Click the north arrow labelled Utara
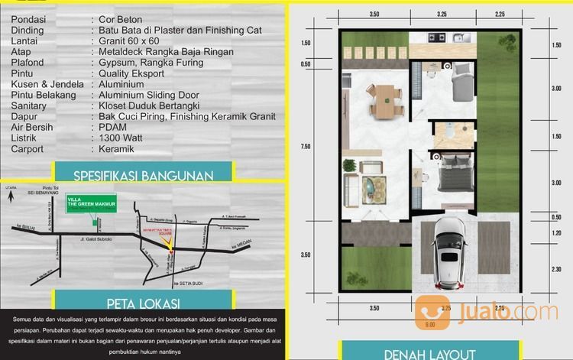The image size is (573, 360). coord(11,196)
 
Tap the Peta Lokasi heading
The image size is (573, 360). coord(144,300)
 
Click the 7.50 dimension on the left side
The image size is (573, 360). coord(306,147)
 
